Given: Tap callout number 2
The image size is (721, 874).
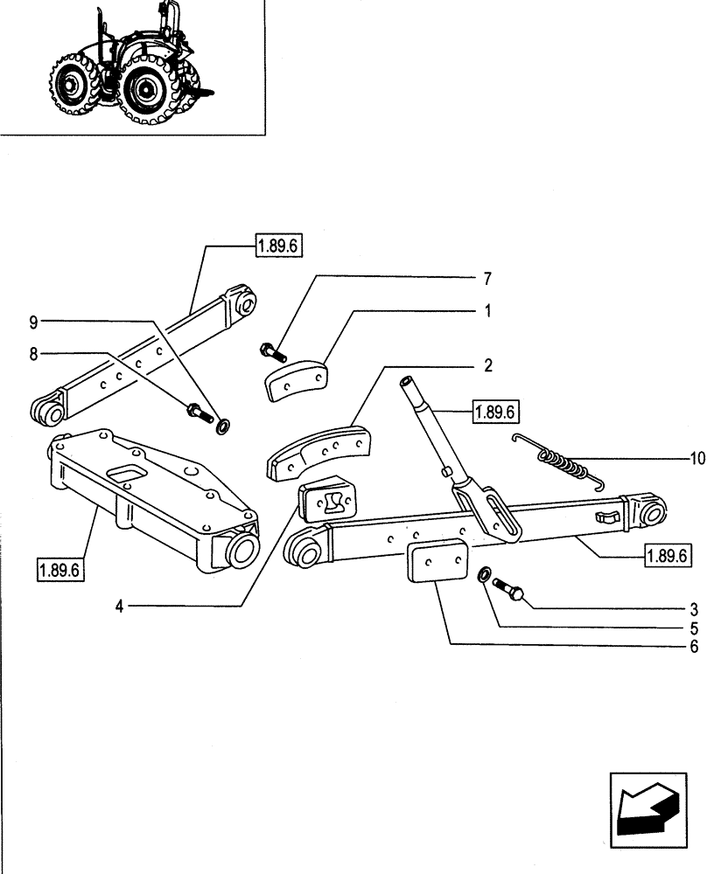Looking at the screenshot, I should (488, 365).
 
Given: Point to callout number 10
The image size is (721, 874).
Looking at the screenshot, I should (696, 457).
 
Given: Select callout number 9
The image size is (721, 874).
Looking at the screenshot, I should (34, 323).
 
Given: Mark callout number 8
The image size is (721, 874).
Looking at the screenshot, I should (34, 355).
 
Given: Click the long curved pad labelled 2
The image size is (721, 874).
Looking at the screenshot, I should (319, 451).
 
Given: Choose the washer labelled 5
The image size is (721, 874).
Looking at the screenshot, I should (484, 578).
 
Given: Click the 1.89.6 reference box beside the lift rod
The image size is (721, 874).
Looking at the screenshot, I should (495, 411).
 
